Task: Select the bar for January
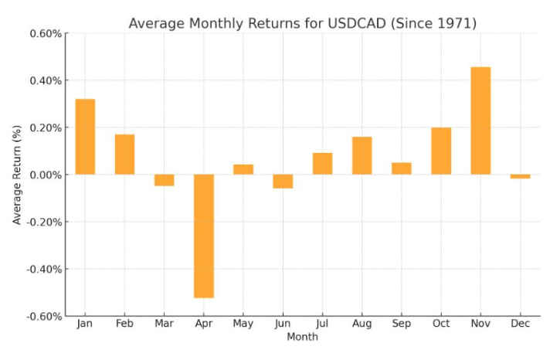(x=85, y=137)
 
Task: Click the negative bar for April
(x=204, y=236)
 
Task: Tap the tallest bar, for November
(x=480, y=121)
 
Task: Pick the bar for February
(x=124, y=155)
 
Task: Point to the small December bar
(x=520, y=177)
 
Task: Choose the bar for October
(x=441, y=151)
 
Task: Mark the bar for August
(x=362, y=155)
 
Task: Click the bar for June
(x=283, y=182)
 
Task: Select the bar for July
(x=322, y=164)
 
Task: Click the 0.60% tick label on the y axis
(x=45, y=33)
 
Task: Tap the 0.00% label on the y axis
(x=45, y=175)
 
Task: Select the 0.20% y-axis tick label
(x=45, y=127)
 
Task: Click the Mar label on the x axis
(x=164, y=324)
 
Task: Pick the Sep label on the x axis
(x=401, y=324)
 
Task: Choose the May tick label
(x=243, y=324)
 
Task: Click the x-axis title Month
(x=302, y=337)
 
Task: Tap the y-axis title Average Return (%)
(x=17, y=175)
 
